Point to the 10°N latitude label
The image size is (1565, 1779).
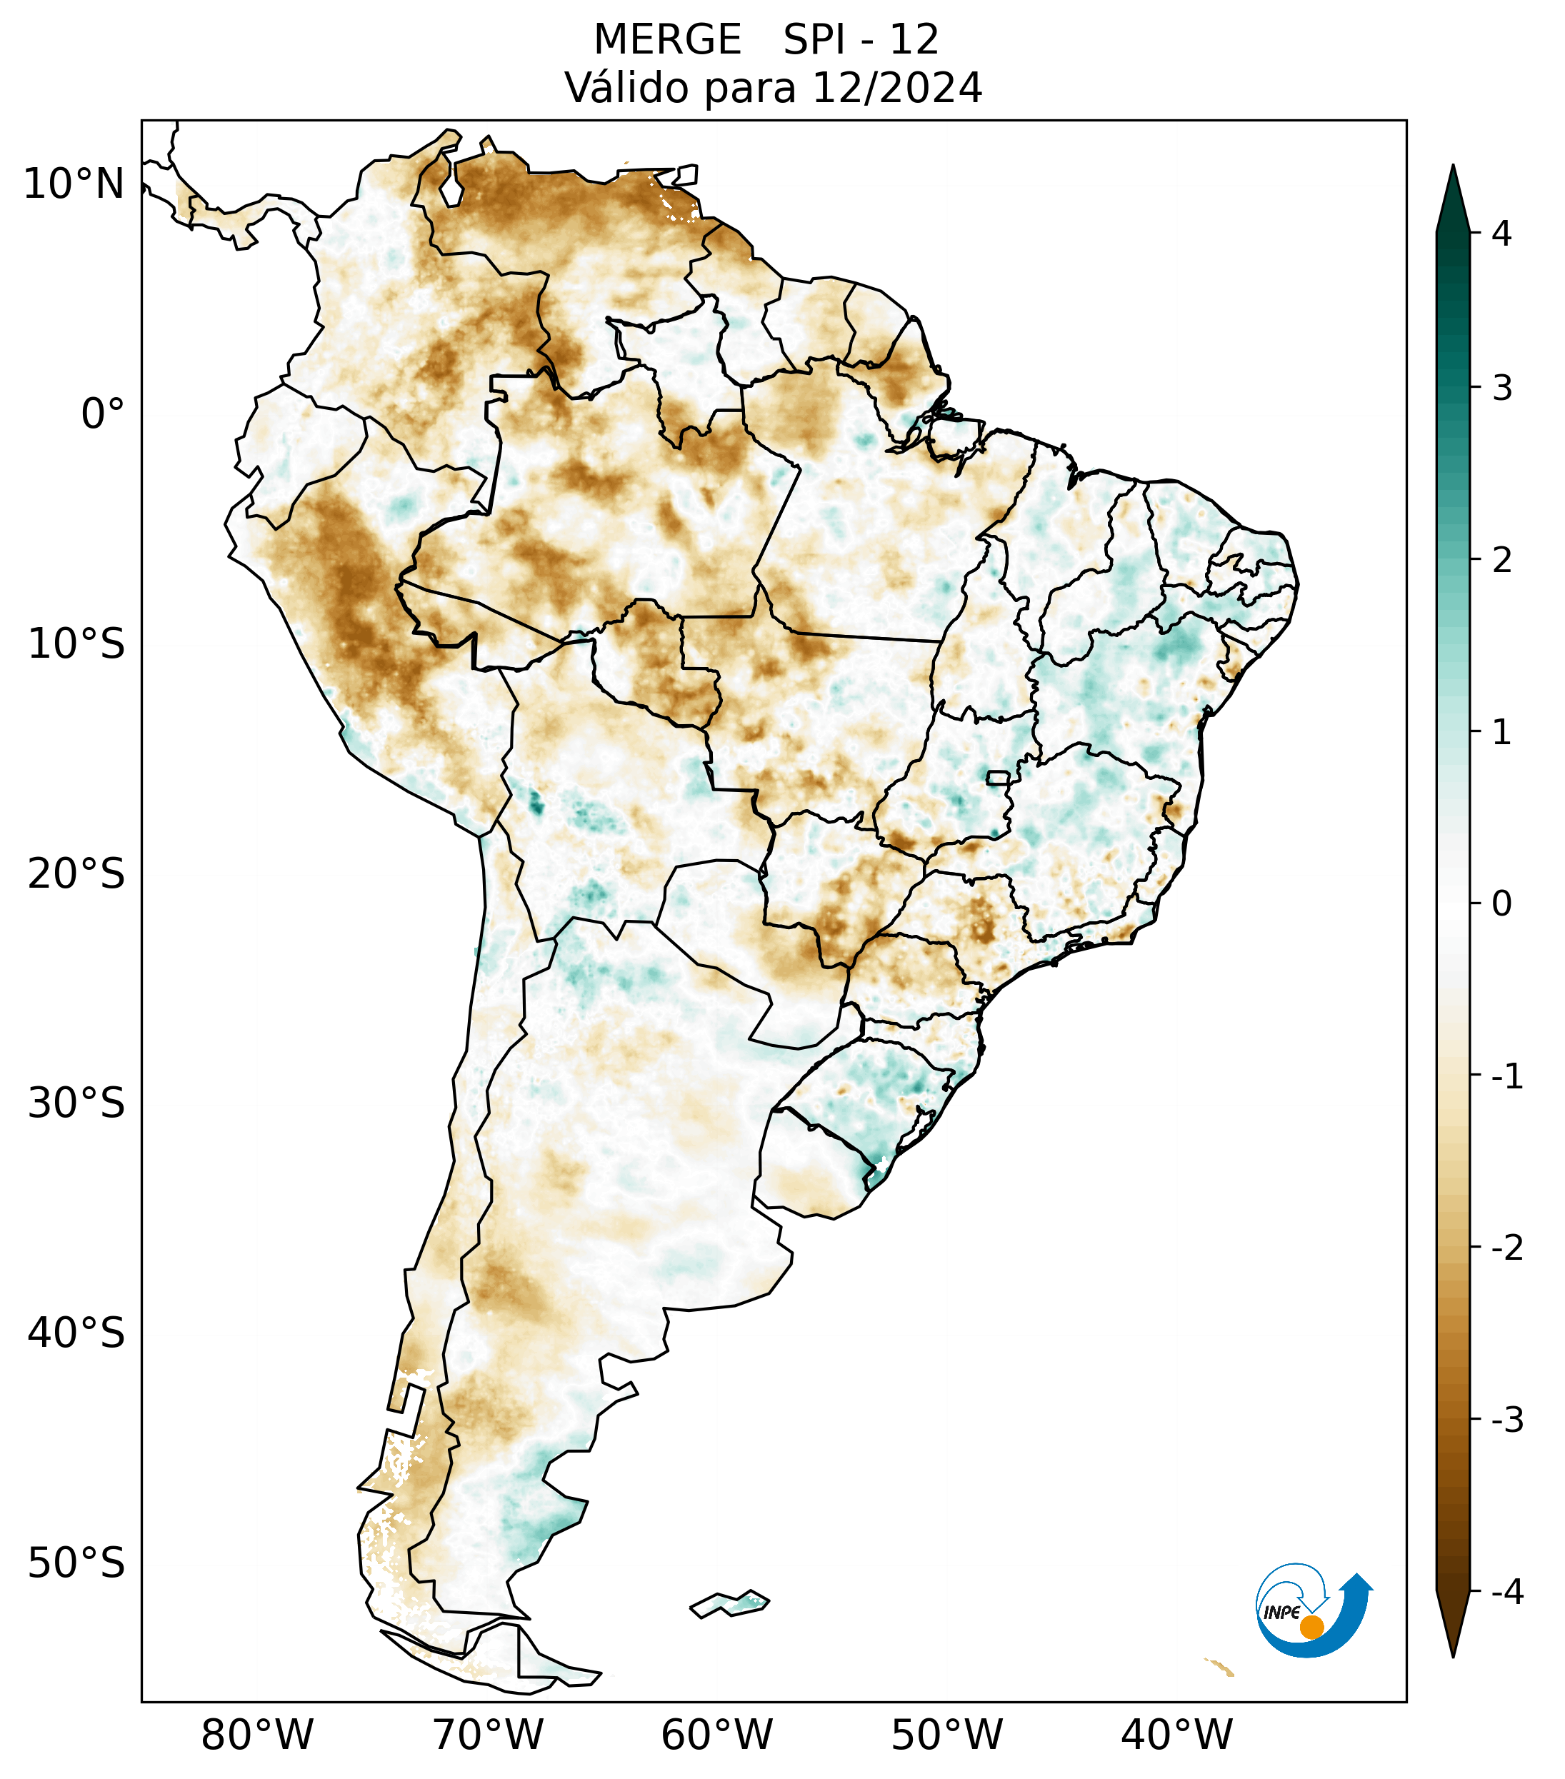point(74,184)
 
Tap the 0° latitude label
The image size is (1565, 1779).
point(103,414)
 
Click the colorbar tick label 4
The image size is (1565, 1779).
point(1501,234)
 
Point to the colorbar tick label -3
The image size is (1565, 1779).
point(1506,1420)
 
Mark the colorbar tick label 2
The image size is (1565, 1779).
point(1501,561)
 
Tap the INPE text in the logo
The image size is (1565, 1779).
point(1281,1613)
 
